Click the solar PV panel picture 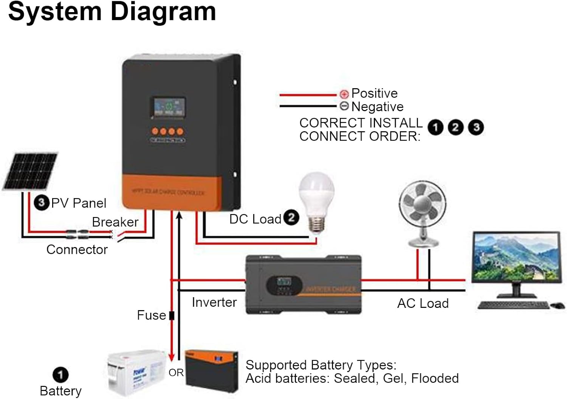point(30,171)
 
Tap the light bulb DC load point(317,200)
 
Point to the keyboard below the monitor point(513,305)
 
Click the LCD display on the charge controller point(169,107)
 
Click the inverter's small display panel point(284,282)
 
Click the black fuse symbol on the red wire point(172,315)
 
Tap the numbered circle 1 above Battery point(60,375)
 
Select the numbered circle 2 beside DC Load point(291,217)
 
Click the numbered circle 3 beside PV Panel point(41,203)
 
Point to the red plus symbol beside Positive point(344,94)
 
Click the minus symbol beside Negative point(344,106)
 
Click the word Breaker point(115,222)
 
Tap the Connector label point(77,250)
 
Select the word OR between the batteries point(176,373)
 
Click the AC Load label point(423,303)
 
